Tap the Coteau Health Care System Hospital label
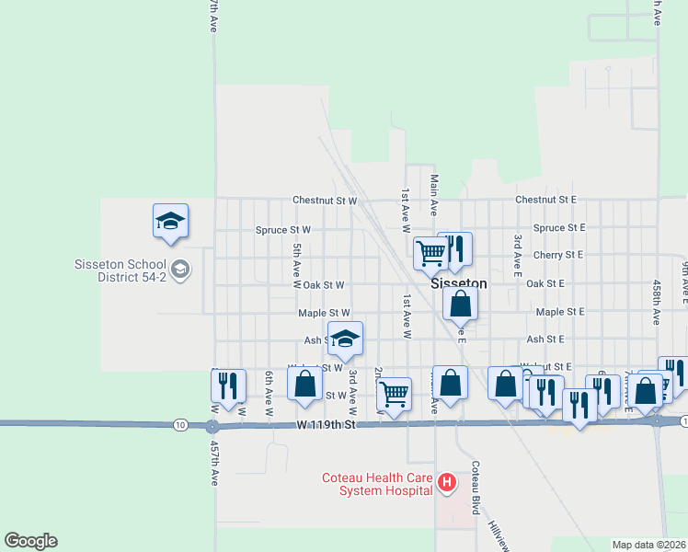pyautogui.click(x=376, y=484)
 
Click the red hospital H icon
pyautogui.click(x=447, y=481)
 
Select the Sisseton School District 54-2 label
pyautogui.click(x=121, y=270)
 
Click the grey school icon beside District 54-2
pyautogui.click(x=181, y=270)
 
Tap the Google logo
pyautogui.click(x=30, y=541)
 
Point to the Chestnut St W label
pyautogui.click(x=324, y=200)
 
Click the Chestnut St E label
pyautogui.click(x=545, y=199)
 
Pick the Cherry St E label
pyautogui.click(x=558, y=255)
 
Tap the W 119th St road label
pyautogui.click(x=326, y=426)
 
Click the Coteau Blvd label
pyautogui.click(x=476, y=487)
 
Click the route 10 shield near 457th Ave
pyautogui.click(x=180, y=424)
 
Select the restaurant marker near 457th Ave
pyautogui.click(x=227, y=385)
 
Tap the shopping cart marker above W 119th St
pyautogui.click(x=394, y=394)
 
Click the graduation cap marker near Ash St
pyautogui.click(x=345, y=339)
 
